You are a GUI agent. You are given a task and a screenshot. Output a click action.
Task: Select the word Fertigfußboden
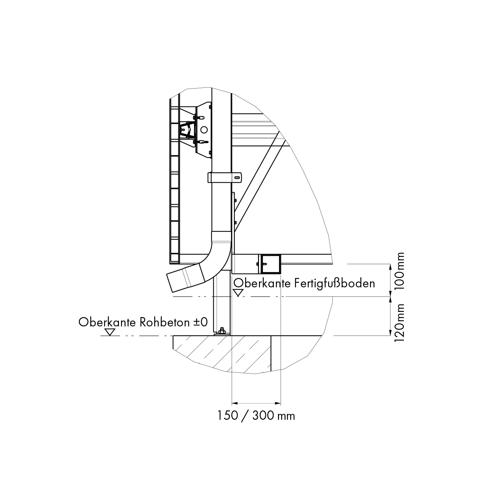335,283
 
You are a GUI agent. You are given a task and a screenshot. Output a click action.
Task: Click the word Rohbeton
164,322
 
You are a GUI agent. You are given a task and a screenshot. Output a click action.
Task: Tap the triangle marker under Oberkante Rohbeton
110,332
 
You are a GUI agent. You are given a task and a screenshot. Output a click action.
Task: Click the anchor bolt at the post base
221,331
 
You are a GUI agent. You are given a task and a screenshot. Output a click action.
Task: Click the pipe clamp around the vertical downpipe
224,177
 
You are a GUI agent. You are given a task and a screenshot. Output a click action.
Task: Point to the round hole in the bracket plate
204,130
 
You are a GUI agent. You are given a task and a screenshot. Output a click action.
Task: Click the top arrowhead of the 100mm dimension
390,267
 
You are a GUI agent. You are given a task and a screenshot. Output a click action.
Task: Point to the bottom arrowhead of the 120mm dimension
390,333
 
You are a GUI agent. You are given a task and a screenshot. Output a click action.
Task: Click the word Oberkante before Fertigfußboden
262,283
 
